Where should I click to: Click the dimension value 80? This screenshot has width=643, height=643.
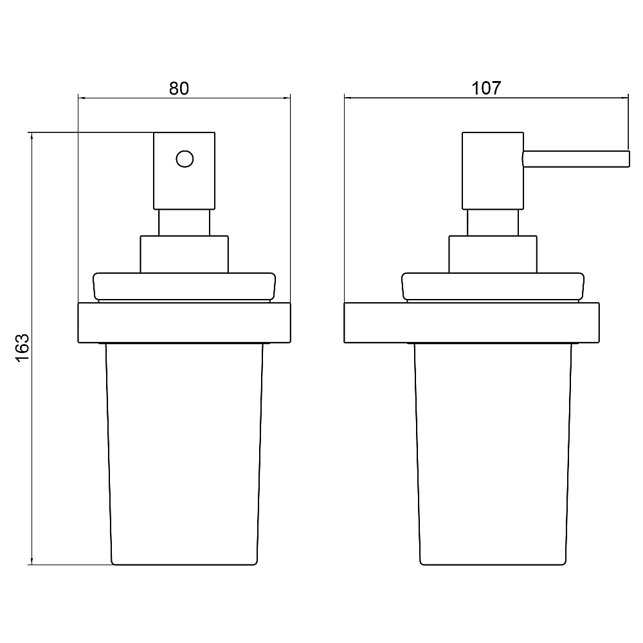(x=179, y=88)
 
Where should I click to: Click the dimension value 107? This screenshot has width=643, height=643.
(x=486, y=88)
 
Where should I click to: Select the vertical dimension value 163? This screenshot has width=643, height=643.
(x=23, y=348)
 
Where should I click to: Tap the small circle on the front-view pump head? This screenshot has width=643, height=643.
(x=185, y=159)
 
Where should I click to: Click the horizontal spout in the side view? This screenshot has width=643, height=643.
(x=576, y=159)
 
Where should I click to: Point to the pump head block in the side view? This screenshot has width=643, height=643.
(x=493, y=170)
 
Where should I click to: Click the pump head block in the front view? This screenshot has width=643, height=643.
(x=184, y=170)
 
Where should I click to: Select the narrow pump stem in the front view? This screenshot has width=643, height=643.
(x=184, y=222)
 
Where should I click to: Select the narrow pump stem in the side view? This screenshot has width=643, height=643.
(x=493, y=222)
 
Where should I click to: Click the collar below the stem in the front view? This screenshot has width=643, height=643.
(x=184, y=254)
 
